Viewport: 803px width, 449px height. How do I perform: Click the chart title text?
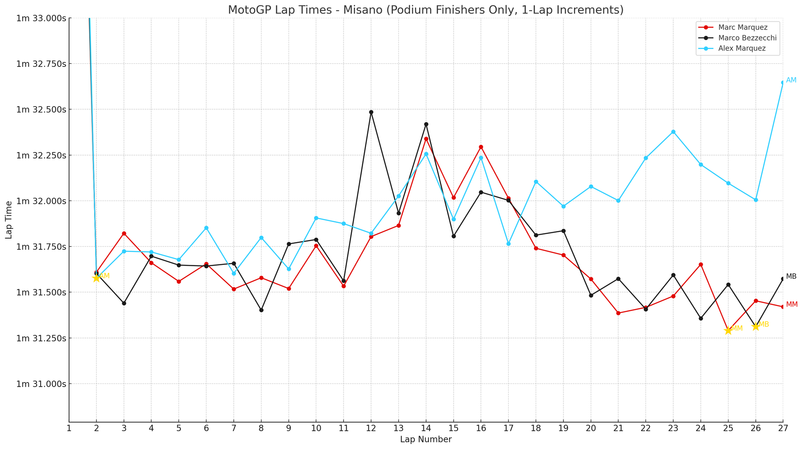pos(425,10)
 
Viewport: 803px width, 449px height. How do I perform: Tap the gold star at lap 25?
pos(728,330)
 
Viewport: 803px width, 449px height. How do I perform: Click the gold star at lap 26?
pos(755,326)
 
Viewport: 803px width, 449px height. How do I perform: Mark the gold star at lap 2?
pos(96,278)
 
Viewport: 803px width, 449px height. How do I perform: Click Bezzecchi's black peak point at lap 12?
pos(371,112)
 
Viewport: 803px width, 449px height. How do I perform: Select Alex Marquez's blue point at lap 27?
pos(782,82)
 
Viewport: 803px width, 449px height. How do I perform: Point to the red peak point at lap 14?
pos(426,139)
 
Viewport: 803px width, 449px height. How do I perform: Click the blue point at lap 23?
pos(673,132)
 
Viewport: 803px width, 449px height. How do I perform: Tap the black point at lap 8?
pos(261,310)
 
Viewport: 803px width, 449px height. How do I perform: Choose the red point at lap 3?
pos(124,233)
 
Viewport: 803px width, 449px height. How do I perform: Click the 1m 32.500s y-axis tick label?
pos(41,109)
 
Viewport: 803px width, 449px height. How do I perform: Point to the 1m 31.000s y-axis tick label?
pos(41,384)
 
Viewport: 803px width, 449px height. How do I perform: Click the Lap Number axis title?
pos(426,440)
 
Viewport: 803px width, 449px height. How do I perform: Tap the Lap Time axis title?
pos(9,220)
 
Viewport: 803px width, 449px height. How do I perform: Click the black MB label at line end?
pos(791,276)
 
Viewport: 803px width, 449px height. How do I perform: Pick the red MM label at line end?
pos(791,305)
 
